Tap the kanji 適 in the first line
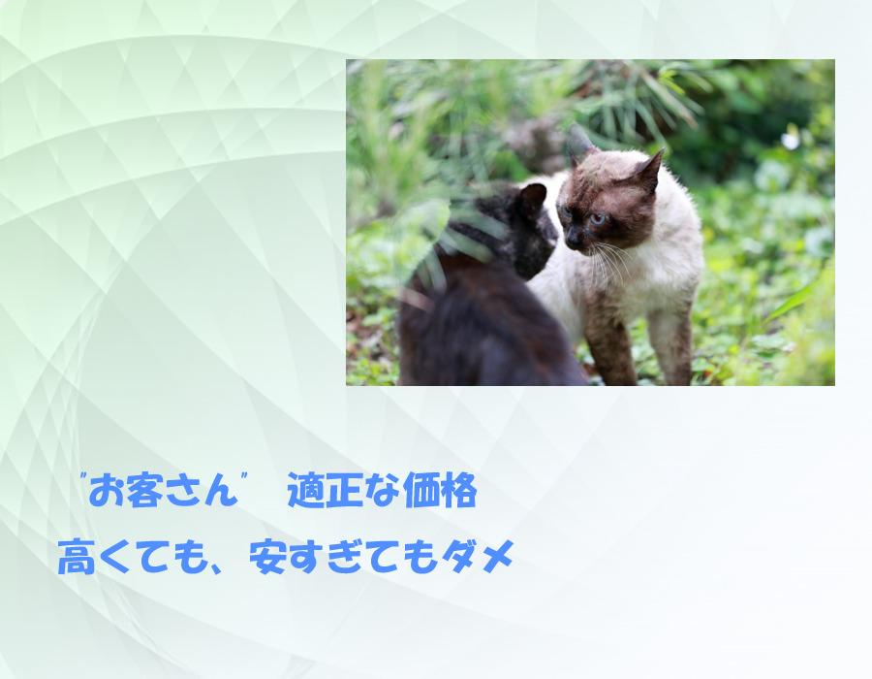pos(305,490)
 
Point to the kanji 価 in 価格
pos(421,490)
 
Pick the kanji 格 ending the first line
pos(459,490)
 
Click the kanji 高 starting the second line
pos(77,557)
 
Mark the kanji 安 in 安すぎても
pos(268,557)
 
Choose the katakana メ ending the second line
pos(498,557)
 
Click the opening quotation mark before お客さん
pos(83,477)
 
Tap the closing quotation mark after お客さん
pos(243,477)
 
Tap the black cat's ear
pos(533,198)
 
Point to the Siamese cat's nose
pos(571,241)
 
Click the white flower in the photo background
pos(790,141)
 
